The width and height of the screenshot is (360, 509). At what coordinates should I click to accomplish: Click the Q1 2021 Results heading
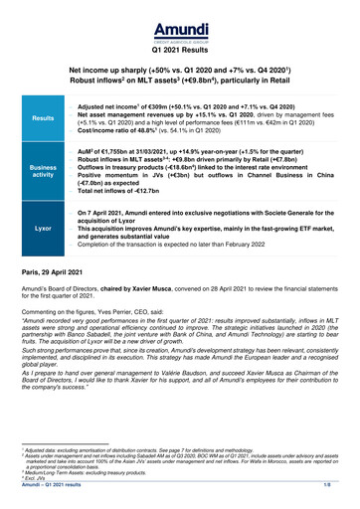coord(179,48)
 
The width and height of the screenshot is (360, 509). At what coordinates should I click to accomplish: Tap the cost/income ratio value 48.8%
coord(156,131)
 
